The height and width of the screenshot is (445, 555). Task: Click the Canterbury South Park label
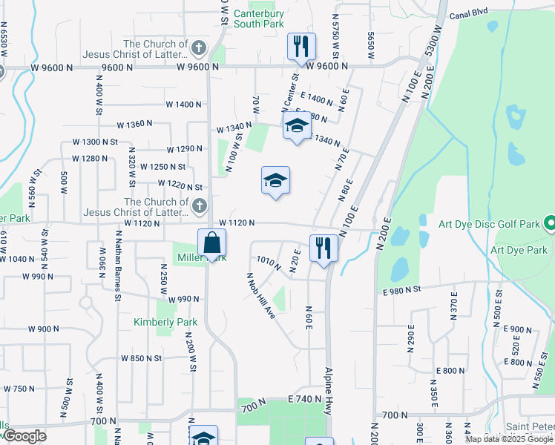point(259,19)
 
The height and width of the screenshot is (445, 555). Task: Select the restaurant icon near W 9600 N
point(302,47)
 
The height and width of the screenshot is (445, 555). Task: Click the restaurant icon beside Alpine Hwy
point(323,248)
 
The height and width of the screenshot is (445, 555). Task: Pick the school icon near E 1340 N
point(297,126)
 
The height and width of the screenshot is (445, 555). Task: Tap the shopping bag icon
point(211,242)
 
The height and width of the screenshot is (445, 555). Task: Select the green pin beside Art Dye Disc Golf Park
point(550,222)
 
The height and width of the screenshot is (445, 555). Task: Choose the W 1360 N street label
point(134,123)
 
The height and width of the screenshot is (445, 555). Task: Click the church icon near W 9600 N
point(198,49)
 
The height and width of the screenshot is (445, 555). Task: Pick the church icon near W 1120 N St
point(198,207)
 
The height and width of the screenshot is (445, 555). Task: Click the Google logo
point(24,436)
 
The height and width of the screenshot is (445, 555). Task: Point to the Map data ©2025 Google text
point(510,439)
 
